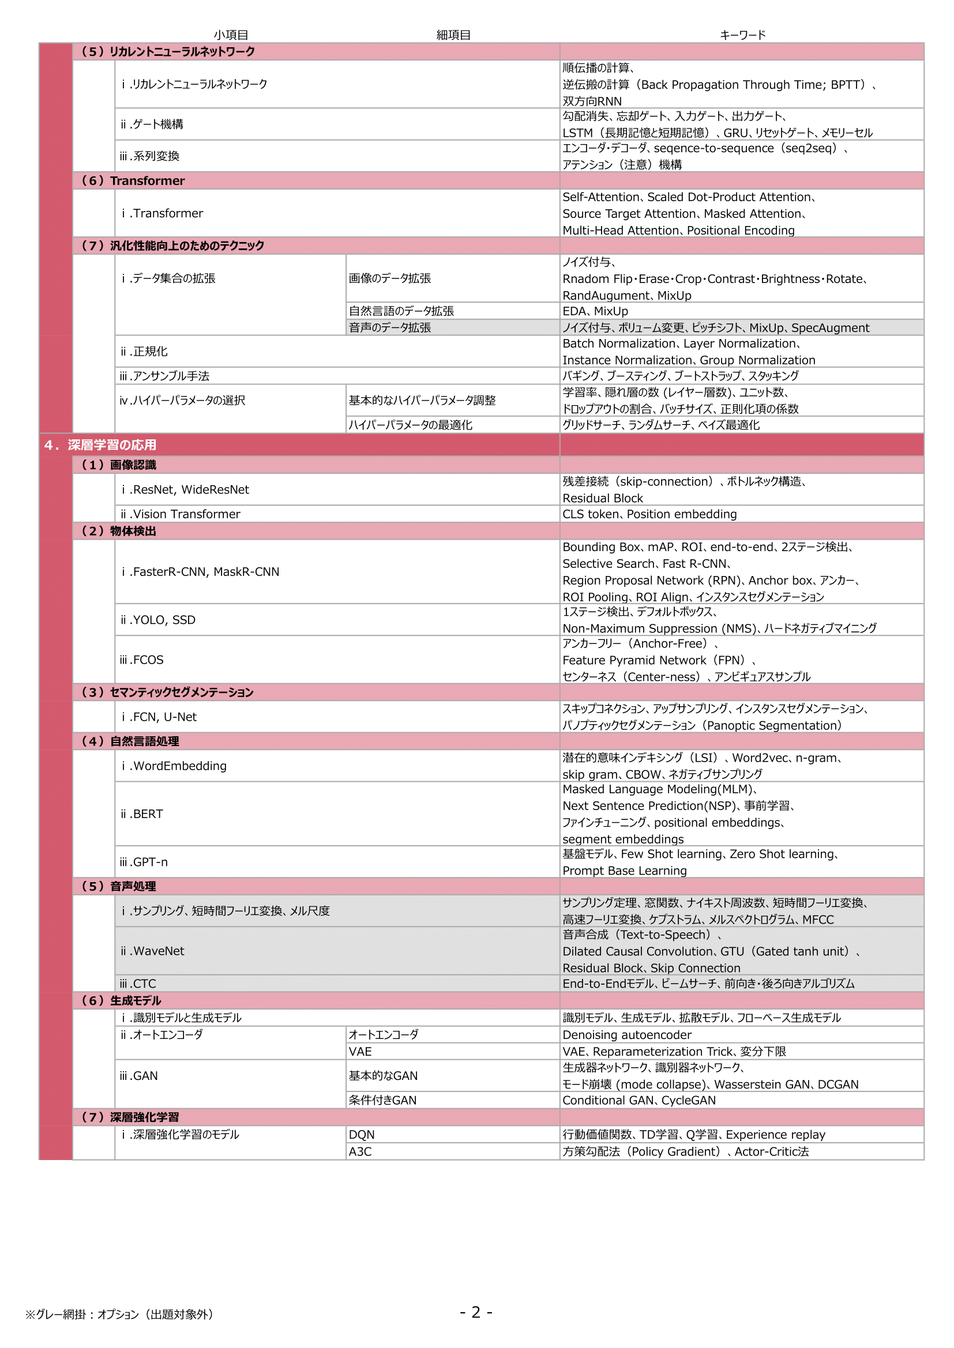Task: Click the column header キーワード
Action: [742, 35]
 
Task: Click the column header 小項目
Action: [231, 35]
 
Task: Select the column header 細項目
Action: [453, 35]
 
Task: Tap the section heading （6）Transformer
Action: [133, 181]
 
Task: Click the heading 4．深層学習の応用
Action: [100, 445]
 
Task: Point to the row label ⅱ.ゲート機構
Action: [152, 124]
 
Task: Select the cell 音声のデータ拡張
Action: [389, 327]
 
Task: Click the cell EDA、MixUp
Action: [595, 311]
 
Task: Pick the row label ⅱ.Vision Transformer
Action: [181, 514]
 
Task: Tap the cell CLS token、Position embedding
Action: [649, 514]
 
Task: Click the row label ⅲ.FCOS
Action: [141, 660]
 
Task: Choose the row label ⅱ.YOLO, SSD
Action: [157, 620]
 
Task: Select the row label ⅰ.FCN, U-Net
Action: [159, 717]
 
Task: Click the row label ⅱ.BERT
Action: [141, 814]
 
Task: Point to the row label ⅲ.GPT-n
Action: [144, 862]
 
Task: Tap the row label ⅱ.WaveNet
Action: [152, 951]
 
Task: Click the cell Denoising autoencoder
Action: [627, 1035]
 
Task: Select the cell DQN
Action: [361, 1135]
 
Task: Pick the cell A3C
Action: [360, 1152]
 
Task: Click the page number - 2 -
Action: [476, 1312]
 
